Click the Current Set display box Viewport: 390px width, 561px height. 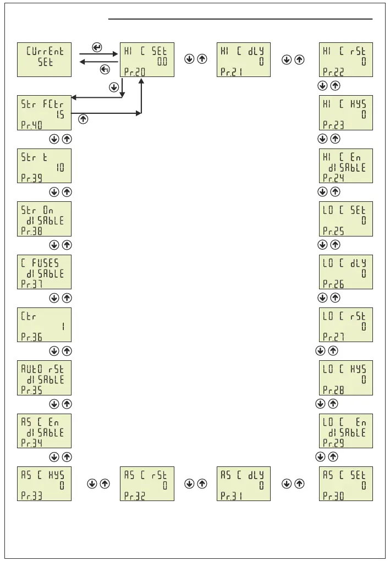click(45, 59)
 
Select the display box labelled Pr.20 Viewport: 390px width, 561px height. click(147, 59)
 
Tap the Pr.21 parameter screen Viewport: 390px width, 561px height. click(244, 59)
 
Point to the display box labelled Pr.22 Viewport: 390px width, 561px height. click(345, 59)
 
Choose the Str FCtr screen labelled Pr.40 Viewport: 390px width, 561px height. click(45, 113)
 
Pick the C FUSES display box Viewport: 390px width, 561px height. click(45, 272)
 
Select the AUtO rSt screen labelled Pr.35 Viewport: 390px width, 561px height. click(45, 378)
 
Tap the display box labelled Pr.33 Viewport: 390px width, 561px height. click(45, 483)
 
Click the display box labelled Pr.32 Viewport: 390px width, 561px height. click(147, 483)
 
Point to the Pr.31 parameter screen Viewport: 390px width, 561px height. click(244, 483)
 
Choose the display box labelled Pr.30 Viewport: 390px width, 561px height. click(345, 483)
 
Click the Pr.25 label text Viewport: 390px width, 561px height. click(333, 232)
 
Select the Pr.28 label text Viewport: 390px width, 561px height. click(333, 391)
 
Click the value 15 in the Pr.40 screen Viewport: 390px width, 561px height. click(60, 114)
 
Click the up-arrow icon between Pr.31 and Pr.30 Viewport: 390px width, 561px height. click(299, 484)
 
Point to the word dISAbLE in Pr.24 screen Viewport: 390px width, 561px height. click(347, 168)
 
